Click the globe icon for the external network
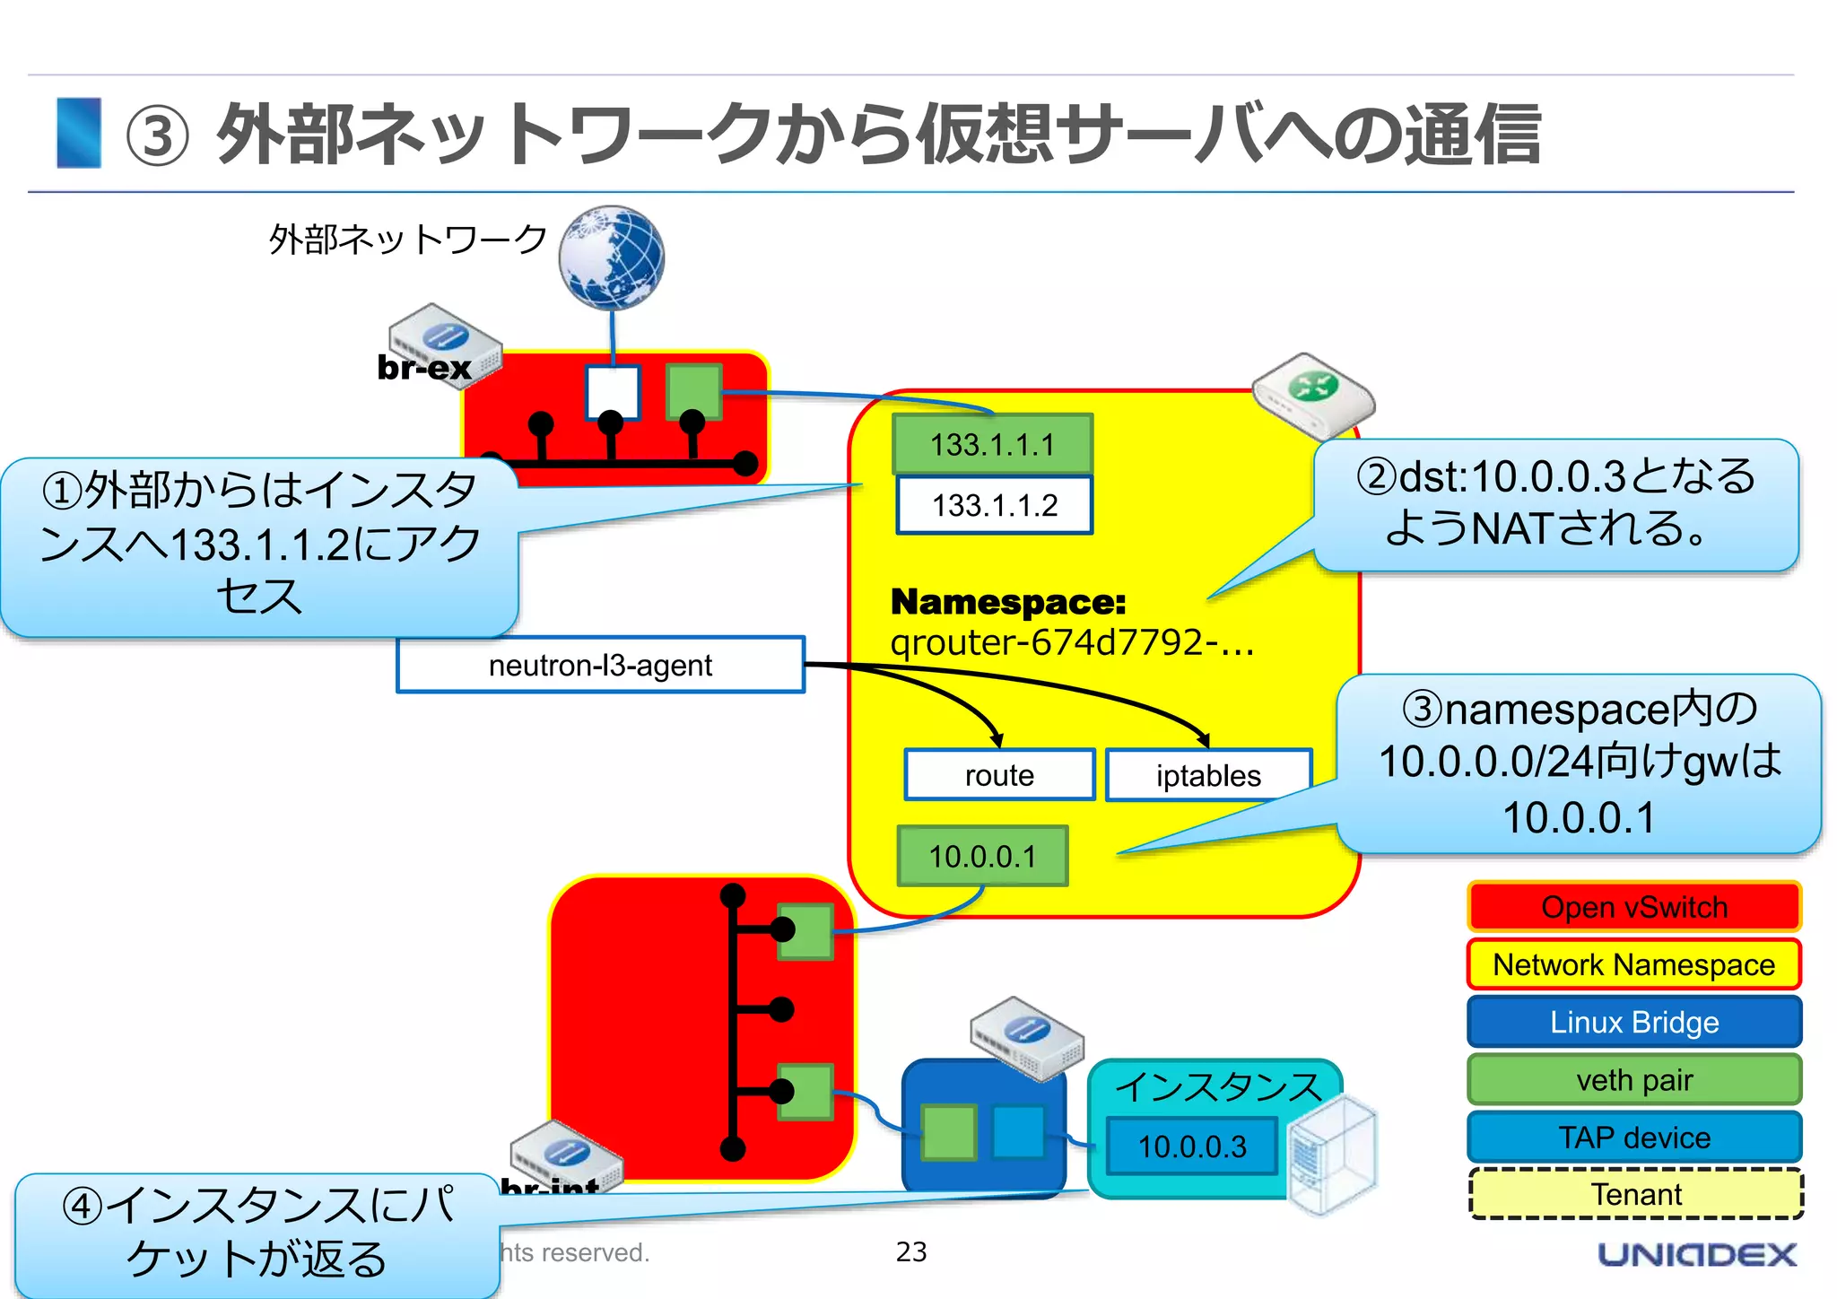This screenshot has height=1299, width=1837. point(612,258)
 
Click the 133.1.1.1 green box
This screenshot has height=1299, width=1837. point(992,444)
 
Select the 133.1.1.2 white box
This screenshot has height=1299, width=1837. point(994,505)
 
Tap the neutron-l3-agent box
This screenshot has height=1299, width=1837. point(600,665)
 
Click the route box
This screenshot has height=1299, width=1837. point(999,774)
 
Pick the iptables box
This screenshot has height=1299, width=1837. point(1207,775)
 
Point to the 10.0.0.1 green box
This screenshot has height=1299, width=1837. point(982,856)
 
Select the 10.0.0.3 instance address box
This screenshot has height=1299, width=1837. point(1191,1146)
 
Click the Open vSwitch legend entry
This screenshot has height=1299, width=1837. point(1633,907)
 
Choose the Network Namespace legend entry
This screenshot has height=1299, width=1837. point(1633,964)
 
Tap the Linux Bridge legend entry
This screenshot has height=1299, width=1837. point(1633,1022)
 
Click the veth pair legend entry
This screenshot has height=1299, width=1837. point(1633,1079)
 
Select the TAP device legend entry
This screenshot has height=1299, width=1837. point(1633,1137)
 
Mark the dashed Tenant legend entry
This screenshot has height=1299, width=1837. point(1635,1194)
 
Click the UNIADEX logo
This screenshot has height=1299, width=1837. point(1696,1254)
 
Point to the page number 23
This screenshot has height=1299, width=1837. point(910,1251)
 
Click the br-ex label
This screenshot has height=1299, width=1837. point(423,367)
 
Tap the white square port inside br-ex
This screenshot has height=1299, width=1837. point(613,392)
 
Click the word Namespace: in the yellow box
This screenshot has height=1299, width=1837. point(1007,602)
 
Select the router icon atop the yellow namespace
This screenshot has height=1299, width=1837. point(1312,396)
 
